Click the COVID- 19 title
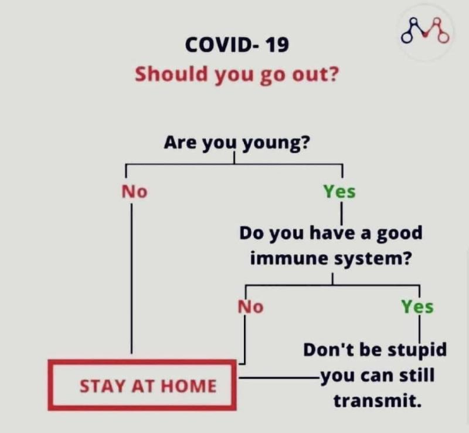[x=237, y=45]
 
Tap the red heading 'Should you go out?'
[x=237, y=74]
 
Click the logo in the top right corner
[x=425, y=30]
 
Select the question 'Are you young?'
[x=237, y=143]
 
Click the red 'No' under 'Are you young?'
[x=134, y=191]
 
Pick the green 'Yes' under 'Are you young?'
[x=339, y=191]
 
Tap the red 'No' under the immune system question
[x=251, y=307]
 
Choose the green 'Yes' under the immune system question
[x=417, y=307]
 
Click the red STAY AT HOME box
[x=142, y=385]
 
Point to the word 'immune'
[x=289, y=259]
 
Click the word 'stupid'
[x=417, y=350]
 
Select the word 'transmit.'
[x=378, y=401]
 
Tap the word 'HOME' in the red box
[x=188, y=386]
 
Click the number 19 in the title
[x=277, y=45]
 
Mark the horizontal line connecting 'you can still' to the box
[x=280, y=378]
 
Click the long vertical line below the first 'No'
[x=131, y=278]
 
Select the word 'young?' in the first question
[x=276, y=144]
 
